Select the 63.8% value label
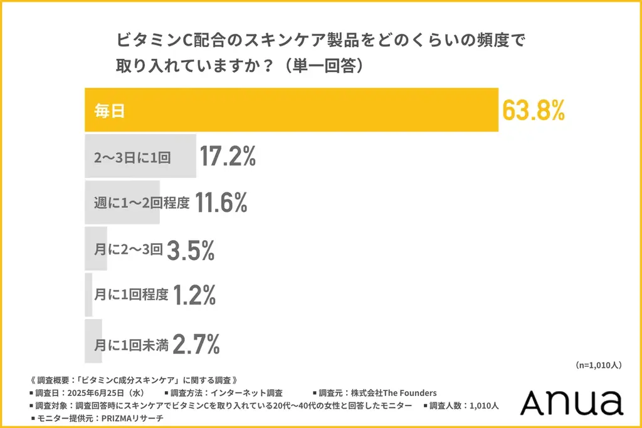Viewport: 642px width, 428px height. click(534, 110)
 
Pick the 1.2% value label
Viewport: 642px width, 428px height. click(194, 295)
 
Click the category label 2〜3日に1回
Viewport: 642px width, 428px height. click(132, 157)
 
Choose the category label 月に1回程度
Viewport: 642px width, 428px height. click(131, 295)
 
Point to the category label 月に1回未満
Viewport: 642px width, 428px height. click(131, 343)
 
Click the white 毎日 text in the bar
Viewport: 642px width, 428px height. click(110, 112)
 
